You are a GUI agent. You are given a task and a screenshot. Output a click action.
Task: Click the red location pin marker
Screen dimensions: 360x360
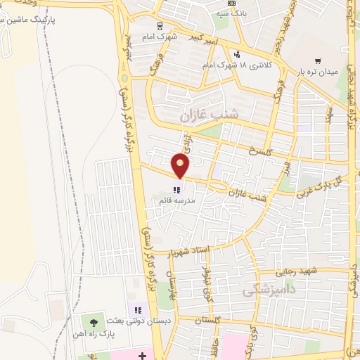[181, 165]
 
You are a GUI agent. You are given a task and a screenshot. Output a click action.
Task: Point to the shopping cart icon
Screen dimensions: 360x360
[319, 62]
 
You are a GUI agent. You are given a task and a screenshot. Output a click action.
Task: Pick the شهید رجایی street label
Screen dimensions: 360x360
[299, 271]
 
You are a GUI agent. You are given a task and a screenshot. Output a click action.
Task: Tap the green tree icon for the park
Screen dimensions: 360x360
[94, 322]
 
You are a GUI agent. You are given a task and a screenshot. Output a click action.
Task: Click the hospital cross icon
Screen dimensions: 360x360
[143, 355]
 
